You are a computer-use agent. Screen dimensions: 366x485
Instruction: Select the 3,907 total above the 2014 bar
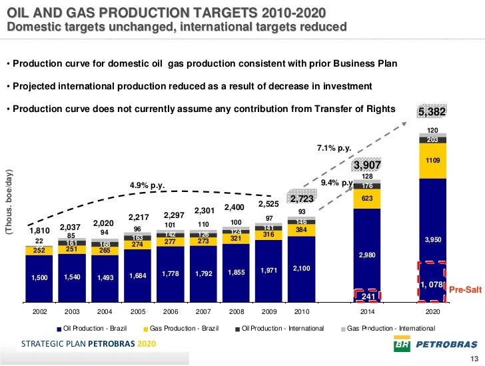[366, 165]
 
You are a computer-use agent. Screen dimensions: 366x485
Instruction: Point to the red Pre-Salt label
[464, 289]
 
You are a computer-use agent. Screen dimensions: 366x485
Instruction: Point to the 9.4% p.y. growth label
[337, 181]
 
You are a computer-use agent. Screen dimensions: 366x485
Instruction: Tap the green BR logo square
[402, 345]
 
